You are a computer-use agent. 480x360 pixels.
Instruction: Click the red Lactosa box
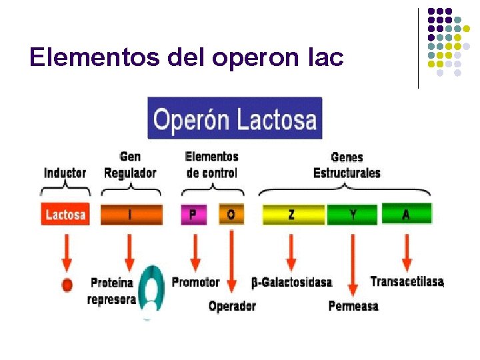(x=65, y=214)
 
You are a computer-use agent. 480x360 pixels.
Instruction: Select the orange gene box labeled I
(x=131, y=214)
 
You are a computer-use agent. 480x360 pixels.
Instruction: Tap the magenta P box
(x=193, y=214)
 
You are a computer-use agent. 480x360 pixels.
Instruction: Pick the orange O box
(x=231, y=214)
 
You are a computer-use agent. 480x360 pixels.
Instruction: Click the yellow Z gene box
(x=293, y=214)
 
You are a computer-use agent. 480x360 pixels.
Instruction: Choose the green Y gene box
(x=353, y=214)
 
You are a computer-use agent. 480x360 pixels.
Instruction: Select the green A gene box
(x=406, y=214)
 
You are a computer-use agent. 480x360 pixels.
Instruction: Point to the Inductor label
(x=65, y=173)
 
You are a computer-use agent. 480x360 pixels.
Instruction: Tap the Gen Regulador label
(x=130, y=165)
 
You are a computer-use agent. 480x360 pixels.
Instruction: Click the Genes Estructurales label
(x=347, y=165)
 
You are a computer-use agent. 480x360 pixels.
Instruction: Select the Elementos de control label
(x=211, y=165)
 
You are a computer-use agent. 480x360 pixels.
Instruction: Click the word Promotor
(x=195, y=282)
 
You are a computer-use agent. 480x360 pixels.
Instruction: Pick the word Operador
(x=232, y=306)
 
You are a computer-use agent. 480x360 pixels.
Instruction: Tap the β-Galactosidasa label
(x=291, y=282)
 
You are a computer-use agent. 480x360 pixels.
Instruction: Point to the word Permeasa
(x=353, y=306)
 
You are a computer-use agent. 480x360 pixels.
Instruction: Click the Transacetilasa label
(x=407, y=281)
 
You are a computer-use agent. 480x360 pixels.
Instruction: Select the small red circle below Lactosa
(x=67, y=285)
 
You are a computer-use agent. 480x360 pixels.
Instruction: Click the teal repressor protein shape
(x=151, y=291)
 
